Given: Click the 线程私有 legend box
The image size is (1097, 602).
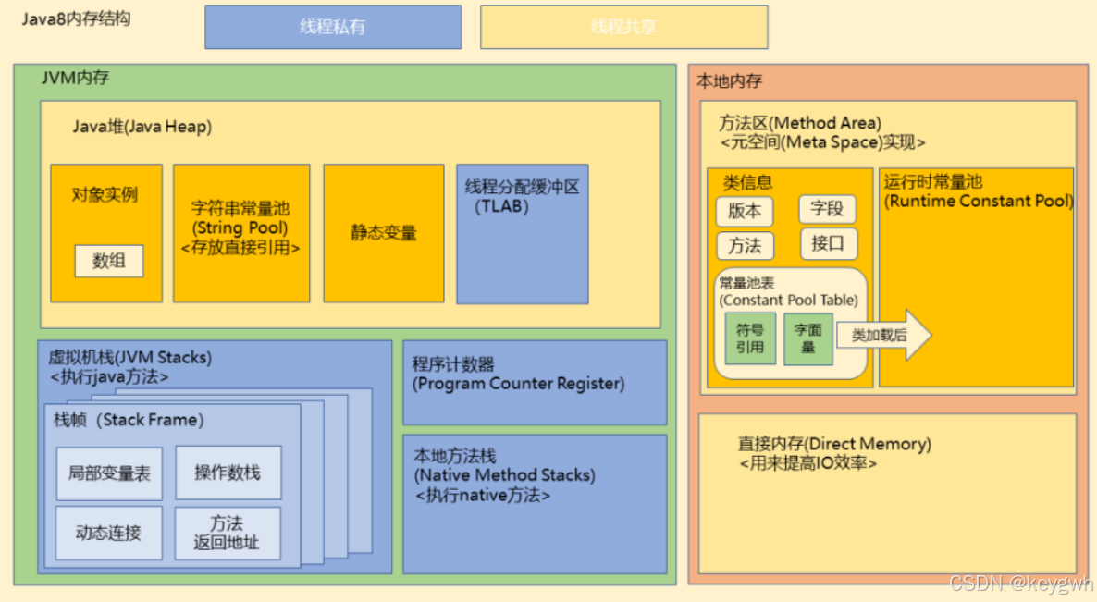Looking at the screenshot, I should [333, 27].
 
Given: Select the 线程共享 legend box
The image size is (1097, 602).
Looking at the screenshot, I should [623, 27].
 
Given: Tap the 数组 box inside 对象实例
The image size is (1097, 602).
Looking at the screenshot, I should [109, 261].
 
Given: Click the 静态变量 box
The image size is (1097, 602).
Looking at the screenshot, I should [384, 233].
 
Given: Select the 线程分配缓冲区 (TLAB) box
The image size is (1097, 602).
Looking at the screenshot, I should [523, 233].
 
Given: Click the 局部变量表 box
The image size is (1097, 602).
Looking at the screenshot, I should [109, 473].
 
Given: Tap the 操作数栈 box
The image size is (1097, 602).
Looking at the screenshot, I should [228, 473].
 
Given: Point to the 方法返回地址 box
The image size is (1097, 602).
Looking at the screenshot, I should [228, 533].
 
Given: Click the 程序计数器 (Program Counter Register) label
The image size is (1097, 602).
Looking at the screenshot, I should [518, 374].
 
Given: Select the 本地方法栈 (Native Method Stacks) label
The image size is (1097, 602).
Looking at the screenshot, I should [504, 474].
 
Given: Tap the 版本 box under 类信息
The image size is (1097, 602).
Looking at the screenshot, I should [745, 211].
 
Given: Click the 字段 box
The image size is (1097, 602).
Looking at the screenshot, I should [827, 209].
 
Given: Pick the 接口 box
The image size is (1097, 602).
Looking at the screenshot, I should [828, 244].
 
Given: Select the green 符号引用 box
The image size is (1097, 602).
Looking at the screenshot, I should [750, 338].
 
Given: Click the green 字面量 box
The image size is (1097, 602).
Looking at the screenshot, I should [807, 338].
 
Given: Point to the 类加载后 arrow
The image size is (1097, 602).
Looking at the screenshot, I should [883, 335].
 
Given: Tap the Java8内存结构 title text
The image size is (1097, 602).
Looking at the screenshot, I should [76, 18].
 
